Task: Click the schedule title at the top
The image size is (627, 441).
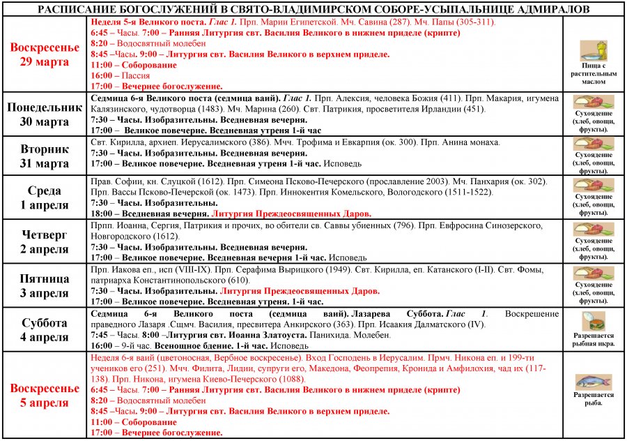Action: (x=313, y=9)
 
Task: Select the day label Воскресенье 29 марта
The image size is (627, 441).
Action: (x=44, y=54)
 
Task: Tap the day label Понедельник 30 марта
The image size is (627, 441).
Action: (x=44, y=114)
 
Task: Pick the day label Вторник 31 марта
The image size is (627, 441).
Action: (x=44, y=156)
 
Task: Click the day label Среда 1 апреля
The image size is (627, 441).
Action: (x=44, y=197)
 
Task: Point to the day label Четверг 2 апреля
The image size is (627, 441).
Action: (x=44, y=241)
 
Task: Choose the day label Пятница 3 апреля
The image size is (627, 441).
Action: (x=44, y=285)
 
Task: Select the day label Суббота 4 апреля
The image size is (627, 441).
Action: (x=44, y=329)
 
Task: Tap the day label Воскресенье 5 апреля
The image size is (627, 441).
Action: (x=44, y=395)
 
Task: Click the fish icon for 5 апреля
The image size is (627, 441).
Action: (x=594, y=381)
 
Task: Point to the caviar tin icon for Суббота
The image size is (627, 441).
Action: (x=594, y=322)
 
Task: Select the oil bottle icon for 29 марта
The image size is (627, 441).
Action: (x=594, y=50)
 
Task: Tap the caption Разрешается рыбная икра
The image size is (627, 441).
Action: (x=594, y=340)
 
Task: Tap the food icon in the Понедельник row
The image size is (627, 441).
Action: (x=594, y=102)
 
